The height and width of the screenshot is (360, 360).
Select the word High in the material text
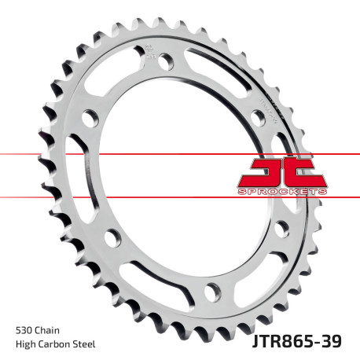[x=26, y=344]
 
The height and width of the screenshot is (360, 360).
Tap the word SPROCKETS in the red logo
[x=281, y=192]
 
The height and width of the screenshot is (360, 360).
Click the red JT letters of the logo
[x=281, y=171]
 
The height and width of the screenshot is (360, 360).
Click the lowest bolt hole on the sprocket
[x=211, y=292]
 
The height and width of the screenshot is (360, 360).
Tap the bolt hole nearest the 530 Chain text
[x=112, y=236]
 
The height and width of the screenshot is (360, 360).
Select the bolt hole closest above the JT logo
[x=257, y=117]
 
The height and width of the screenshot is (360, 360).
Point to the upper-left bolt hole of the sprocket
[x=90, y=119]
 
